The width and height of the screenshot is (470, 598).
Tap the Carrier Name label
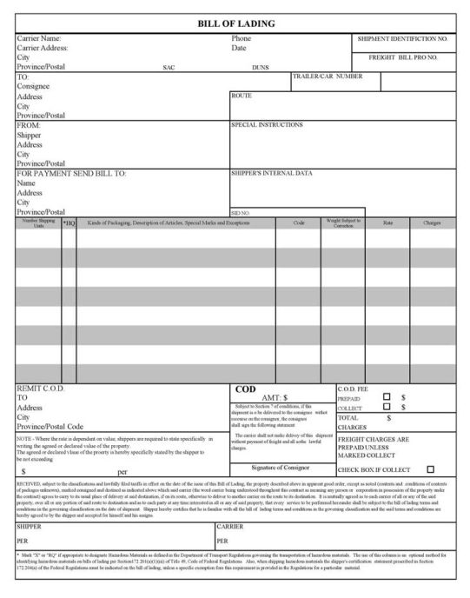(x=39, y=39)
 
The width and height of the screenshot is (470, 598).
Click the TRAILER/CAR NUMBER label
(x=328, y=76)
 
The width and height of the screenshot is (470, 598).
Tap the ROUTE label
(x=241, y=95)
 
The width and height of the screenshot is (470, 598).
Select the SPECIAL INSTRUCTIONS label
(x=267, y=124)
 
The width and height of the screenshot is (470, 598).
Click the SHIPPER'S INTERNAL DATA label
(x=271, y=173)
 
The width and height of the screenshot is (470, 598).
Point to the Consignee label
(x=34, y=86)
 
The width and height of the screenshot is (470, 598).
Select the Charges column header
(x=432, y=223)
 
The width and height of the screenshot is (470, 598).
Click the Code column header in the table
(x=299, y=223)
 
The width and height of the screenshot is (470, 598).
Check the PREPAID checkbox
(x=387, y=397)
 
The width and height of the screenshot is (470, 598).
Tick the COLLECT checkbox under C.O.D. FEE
(x=387, y=407)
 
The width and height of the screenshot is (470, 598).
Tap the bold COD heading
(x=246, y=389)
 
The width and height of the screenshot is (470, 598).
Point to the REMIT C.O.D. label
(x=42, y=389)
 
